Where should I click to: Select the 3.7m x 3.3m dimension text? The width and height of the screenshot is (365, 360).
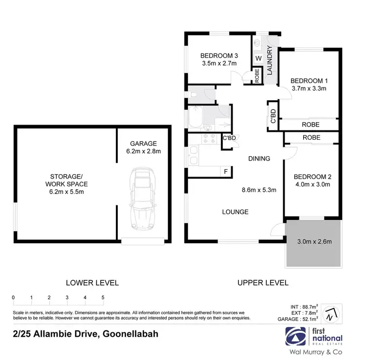click(309, 89)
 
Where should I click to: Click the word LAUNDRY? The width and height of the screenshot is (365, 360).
click(269, 60)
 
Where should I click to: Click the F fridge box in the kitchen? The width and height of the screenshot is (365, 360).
click(226, 171)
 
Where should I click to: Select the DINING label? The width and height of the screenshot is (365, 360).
click(259, 159)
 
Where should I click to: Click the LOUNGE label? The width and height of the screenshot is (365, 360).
click(236, 212)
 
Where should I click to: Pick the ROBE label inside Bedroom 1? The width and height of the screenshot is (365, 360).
click(310, 125)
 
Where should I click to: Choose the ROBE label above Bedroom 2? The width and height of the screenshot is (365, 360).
click(311, 138)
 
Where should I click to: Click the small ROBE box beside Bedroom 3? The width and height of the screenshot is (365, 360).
click(257, 77)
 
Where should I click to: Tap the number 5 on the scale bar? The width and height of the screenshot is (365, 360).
click(103, 297)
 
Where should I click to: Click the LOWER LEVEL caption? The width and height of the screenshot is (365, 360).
click(92, 282)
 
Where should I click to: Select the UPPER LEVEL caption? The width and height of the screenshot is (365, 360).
click(263, 282)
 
